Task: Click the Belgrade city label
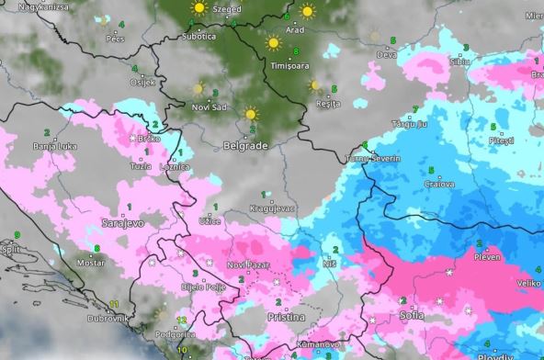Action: click(245, 146)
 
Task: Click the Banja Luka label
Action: click(52, 146)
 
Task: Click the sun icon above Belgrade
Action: click(251, 115)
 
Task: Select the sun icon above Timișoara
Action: click(273, 43)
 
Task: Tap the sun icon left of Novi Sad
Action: click(198, 89)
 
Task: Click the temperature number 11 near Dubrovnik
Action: click(114, 303)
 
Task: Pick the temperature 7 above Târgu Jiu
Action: click(415, 109)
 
